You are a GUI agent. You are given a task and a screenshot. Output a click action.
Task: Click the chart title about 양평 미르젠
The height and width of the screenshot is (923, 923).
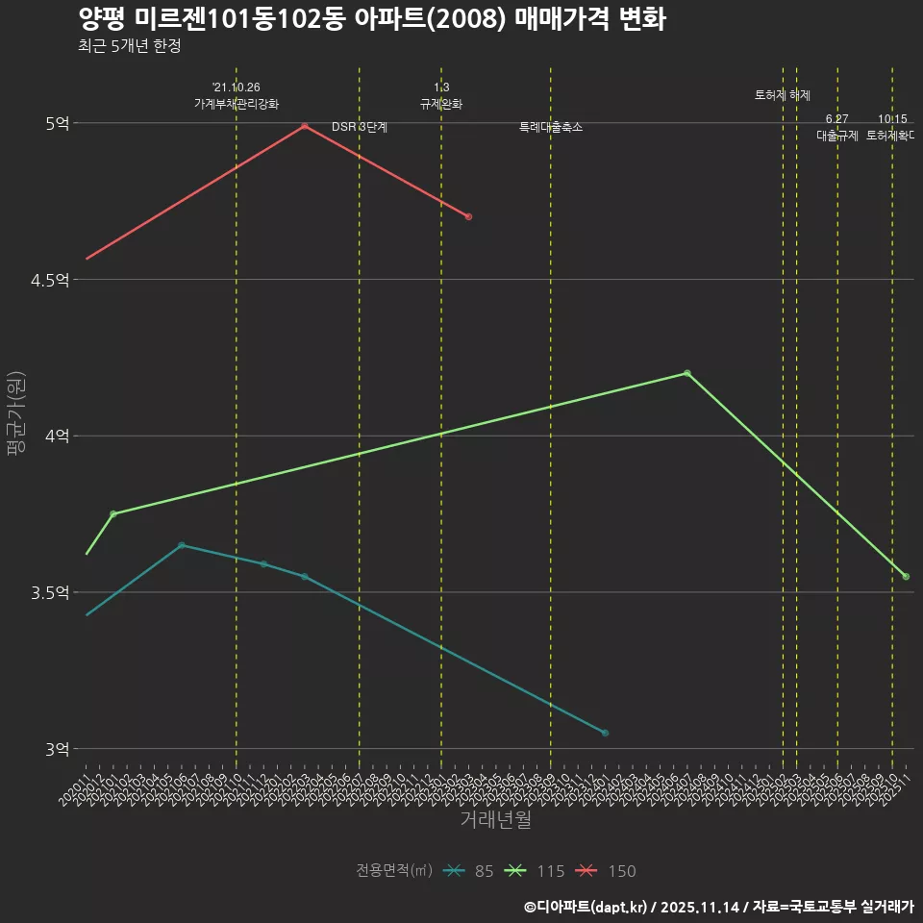tap(371, 20)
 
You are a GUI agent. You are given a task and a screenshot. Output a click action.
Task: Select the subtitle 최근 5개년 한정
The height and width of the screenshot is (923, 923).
tap(130, 46)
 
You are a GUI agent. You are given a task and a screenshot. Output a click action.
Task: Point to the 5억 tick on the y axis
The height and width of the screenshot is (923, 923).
tap(57, 123)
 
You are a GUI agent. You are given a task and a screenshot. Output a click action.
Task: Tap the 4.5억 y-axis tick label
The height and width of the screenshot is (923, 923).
tap(51, 280)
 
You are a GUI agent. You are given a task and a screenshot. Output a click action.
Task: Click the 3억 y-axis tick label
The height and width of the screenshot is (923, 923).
tap(57, 749)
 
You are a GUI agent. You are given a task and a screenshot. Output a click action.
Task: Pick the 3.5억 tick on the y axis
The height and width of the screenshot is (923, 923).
tap(51, 592)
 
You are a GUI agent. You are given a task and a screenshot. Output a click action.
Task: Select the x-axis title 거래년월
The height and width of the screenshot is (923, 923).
tap(495, 820)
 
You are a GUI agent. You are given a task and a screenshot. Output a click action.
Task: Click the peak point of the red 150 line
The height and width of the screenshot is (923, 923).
tap(305, 126)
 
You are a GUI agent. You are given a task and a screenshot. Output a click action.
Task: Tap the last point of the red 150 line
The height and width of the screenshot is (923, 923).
tap(468, 217)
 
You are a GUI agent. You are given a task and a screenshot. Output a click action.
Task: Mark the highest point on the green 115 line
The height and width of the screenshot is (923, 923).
tap(686, 373)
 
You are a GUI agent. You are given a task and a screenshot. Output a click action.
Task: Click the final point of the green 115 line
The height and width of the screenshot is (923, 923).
tap(906, 577)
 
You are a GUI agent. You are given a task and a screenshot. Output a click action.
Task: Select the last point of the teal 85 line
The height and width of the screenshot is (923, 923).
tap(605, 734)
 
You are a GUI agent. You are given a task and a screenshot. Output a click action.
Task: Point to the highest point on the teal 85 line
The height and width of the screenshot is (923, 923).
tap(182, 545)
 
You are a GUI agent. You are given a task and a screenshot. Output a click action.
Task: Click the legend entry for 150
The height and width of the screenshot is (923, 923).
tap(608, 871)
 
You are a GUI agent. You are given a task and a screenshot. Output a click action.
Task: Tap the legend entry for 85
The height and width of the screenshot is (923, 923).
tap(469, 871)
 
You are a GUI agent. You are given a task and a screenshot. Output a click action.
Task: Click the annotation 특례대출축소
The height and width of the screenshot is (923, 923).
tap(551, 127)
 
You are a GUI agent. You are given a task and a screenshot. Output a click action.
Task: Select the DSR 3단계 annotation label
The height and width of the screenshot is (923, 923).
tap(360, 127)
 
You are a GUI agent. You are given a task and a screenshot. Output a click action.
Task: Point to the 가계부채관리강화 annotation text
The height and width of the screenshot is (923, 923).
tap(237, 104)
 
